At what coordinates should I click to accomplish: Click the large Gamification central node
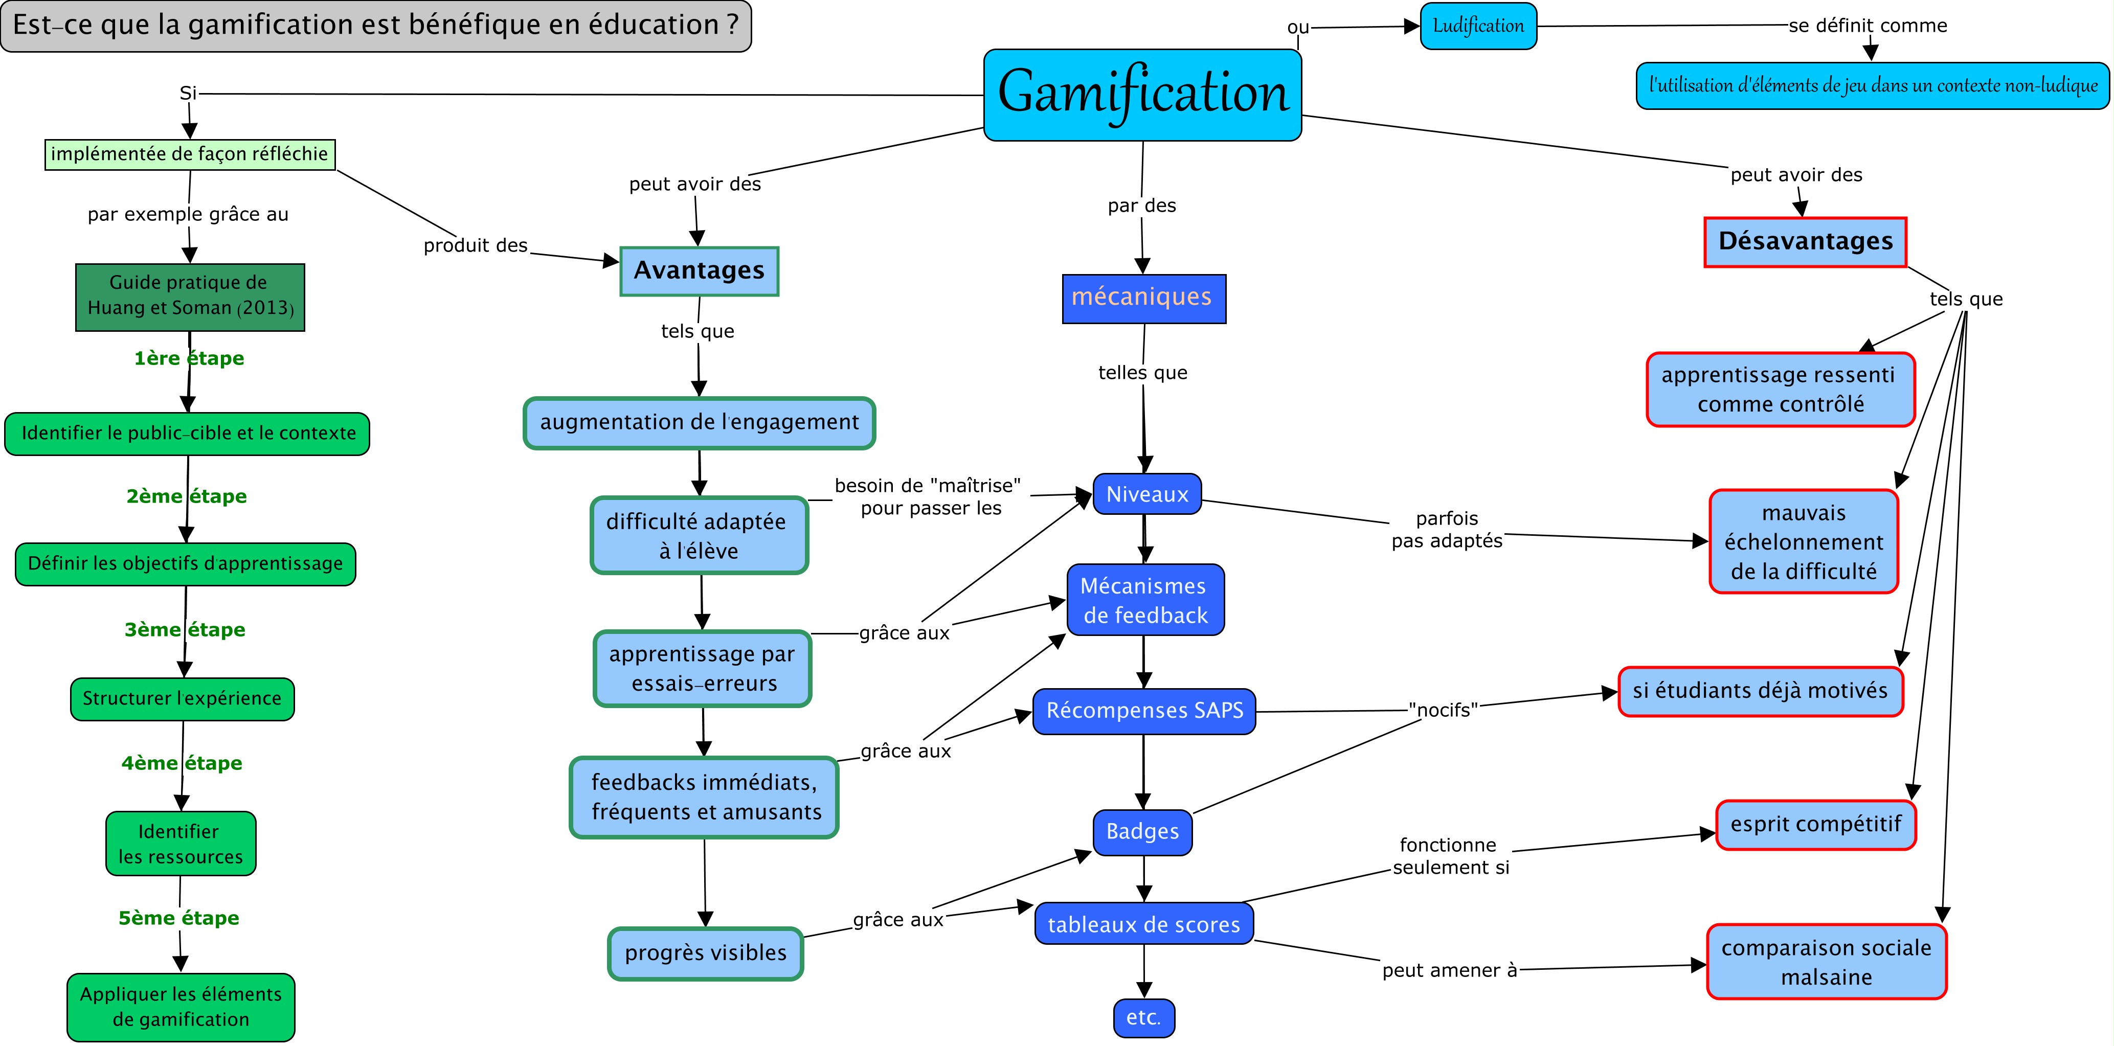pyautogui.click(x=1142, y=95)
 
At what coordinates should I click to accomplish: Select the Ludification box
pyautogui.click(x=1478, y=26)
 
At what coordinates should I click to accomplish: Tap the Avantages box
pyautogui.click(x=699, y=271)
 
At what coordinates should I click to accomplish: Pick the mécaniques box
pyautogui.click(x=1143, y=298)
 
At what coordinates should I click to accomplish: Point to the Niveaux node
pyautogui.click(x=1146, y=494)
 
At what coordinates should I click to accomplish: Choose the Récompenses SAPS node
pyautogui.click(x=1144, y=711)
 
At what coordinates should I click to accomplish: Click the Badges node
pyautogui.click(x=1142, y=832)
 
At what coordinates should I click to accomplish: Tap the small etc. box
pyautogui.click(x=1143, y=1017)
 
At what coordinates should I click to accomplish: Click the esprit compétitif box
pyautogui.click(x=1815, y=825)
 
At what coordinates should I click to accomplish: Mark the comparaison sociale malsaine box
pyautogui.click(x=1826, y=962)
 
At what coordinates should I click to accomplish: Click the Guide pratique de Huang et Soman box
pyautogui.click(x=190, y=296)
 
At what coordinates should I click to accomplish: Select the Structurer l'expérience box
pyautogui.click(x=182, y=699)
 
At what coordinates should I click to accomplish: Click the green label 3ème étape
pyautogui.click(x=185, y=630)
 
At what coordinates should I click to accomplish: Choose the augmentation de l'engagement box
pyautogui.click(x=699, y=422)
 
